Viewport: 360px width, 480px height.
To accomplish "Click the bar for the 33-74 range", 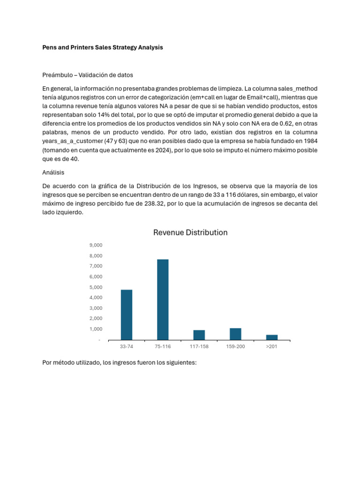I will [127, 315].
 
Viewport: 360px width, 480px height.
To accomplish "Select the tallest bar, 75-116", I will [163, 300].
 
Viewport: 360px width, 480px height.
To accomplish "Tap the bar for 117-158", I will [199, 335].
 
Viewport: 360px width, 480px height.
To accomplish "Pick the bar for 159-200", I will [235, 334].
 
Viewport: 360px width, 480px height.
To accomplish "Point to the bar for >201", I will [272, 337].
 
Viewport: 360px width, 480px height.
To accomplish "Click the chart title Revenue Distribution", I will [190, 232].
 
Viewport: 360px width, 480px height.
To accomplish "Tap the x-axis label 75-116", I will [163, 346].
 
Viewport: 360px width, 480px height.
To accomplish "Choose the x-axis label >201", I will [272, 346].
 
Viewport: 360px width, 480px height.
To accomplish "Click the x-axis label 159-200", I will [235, 346].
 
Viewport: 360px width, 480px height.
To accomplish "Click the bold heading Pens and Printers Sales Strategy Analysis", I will [103, 48].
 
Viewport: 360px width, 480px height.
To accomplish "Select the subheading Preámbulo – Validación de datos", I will [88, 75].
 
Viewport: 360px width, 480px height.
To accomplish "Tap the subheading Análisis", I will [53, 172].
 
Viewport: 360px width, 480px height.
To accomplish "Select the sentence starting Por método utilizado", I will [119, 363].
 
